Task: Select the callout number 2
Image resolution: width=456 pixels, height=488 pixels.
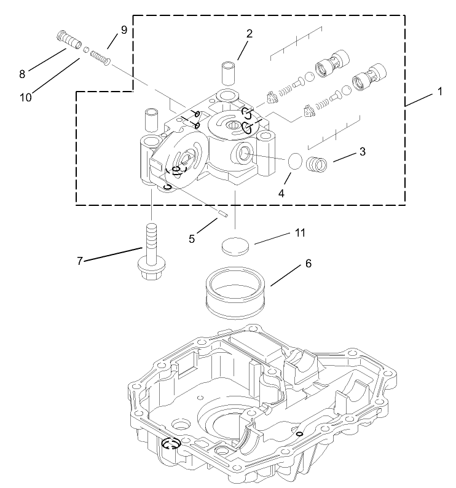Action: coord(249,34)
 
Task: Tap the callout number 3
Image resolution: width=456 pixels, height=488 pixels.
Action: coord(363,152)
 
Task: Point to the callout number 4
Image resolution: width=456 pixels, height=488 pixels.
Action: coord(281,192)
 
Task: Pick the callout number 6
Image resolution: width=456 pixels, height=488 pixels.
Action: coord(309,264)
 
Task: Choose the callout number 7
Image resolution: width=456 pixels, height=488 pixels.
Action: coord(80,261)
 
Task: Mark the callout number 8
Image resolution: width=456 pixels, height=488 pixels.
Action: coord(22,74)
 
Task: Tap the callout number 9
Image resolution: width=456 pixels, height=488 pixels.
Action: coord(124,30)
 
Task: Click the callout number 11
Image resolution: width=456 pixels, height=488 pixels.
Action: coord(299,233)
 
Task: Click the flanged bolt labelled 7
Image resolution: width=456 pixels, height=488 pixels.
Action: coord(151,258)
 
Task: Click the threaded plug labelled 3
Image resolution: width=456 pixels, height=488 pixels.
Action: coord(317,165)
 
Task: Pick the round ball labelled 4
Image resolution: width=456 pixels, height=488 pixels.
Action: coord(296,162)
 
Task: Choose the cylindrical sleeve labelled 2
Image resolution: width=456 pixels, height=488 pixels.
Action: coord(229,73)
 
